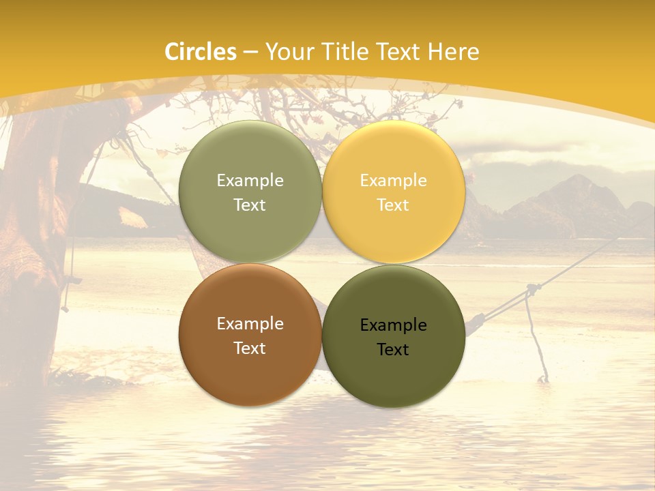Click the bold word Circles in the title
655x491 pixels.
coord(201,52)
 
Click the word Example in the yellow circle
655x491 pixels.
coord(393,181)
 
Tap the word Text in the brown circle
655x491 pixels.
coord(250,348)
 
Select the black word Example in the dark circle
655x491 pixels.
coord(393,325)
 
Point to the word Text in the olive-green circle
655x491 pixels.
coord(250,205)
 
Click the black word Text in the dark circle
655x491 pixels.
coord(393,350)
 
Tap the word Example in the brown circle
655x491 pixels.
coord(250,324)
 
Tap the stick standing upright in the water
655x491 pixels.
coord(536,341)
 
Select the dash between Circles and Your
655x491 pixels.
coord(250,52)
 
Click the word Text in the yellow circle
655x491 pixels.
coord(393,205)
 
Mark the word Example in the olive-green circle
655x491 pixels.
coord(250,181)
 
